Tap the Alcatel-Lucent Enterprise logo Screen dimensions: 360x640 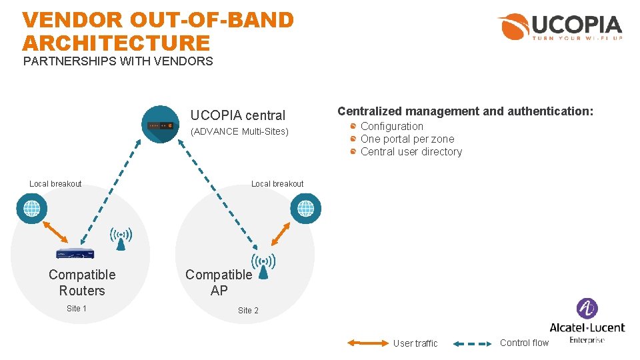tap(587, 321)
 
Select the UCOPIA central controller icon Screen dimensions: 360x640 tap(161, 125)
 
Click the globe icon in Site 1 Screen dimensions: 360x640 tap(31, 209)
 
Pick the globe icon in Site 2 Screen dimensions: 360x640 tap(305, 209)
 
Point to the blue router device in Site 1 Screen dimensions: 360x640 tap(75, 253)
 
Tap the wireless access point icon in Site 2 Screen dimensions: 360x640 tap(263, 266)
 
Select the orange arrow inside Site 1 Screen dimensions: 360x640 tap(55, 230)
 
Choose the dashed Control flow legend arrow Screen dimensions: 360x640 tap(473, 344)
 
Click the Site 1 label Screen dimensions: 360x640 tap(77, 309)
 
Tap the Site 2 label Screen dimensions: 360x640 tap(248, 311)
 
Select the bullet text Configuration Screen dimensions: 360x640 tap(391, 127)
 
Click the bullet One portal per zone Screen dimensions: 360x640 tap(407, 139)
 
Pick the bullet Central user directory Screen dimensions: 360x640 tap(411, 152)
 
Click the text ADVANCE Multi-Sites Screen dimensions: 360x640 tap(239, 131)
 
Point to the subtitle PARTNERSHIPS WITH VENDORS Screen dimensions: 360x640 tap(118, 62)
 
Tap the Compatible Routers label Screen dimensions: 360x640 tap(82, 283)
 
